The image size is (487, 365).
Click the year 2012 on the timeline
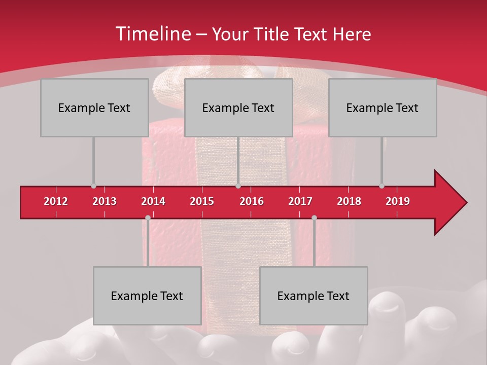(56, 201)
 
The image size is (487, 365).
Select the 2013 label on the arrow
(105, 201)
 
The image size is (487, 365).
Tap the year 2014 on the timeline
(153, 201)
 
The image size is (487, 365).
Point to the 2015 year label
(202, 201)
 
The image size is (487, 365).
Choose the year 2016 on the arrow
(252, 201)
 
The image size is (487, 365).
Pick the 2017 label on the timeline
(300, 201)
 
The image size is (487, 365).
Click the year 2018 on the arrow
(349, 201)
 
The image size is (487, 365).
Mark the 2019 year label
(398, 201)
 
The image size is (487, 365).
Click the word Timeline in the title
(152, 34)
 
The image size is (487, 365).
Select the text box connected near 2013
(94, 107)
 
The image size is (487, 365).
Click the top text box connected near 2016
(238, 107)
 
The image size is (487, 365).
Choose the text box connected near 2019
(382, 107)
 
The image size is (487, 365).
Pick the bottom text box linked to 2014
(147, 296)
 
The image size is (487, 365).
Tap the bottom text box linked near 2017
(314, 296)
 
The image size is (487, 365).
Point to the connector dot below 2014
(148, 218)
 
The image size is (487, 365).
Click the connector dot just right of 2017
(314, 218)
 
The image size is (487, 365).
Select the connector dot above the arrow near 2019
(381, 186)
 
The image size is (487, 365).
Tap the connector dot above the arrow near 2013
(93, 186)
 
